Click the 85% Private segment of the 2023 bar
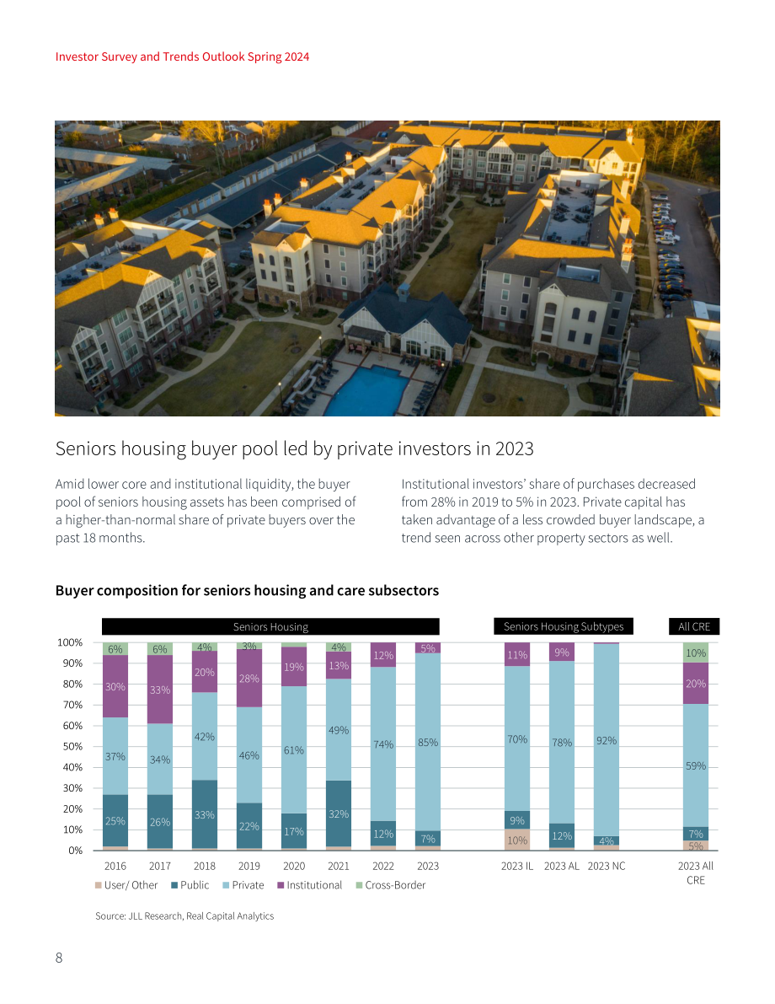pos(427,742)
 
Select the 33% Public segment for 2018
pos(204,813)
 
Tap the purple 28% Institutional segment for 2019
pos(249,678)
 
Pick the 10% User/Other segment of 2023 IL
pos(517,840)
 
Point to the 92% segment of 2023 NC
pos(606,739)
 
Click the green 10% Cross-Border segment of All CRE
pos(696,652)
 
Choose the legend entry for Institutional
pos(310,885)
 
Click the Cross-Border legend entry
pos(390,885)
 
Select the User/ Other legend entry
pos(126,885)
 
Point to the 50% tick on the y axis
pos(72,747)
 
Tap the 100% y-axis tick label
pos(70,642)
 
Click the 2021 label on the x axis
pos(339,866)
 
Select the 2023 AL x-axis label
pos(561,866)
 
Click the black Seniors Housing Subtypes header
pos(564,626)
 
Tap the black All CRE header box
pos(694,626)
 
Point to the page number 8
pos(59,958)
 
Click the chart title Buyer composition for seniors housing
pos(247,590)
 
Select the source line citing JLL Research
pos(184,916)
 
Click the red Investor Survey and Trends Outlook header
pos(183,56)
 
